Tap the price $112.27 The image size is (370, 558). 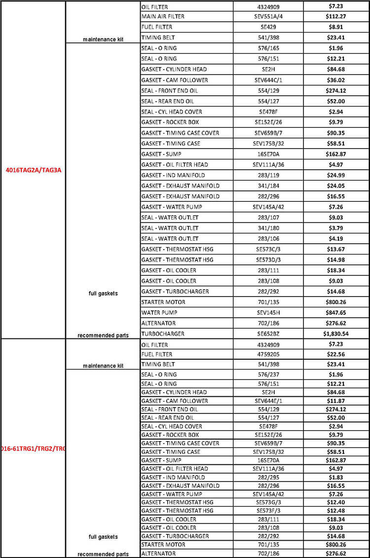click(x=336, y=16)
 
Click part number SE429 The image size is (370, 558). click(x=268, y=27)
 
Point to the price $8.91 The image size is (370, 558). click(x=336, y=27)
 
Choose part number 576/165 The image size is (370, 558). click(x=268, y=48)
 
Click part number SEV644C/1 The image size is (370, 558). click(x=268, y=80)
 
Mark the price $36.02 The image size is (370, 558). click(x=336, y=80)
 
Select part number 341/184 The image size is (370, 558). click(x=268, y=186)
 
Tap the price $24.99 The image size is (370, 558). click(x=336, y=175)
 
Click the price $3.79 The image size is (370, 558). click(x=336, y=228)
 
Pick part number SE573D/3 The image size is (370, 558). click(x=268, y=260)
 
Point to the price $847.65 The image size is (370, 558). click(x=336, y=312)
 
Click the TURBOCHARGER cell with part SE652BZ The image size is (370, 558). click(x=163, y=334)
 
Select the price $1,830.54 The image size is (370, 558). click(x=336, y=334)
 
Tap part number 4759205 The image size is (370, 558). click(x=268, y=354)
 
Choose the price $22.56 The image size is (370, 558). click(x=336, y=354)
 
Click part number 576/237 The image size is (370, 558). click(x=268, y=374)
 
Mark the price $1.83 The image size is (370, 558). click(x=336, y=477)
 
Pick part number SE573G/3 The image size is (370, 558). click(x=268, y=502)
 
